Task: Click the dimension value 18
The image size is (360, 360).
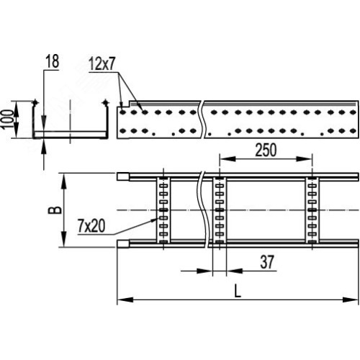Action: tap(53, 61)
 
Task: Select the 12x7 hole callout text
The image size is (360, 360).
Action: tap(102, 64)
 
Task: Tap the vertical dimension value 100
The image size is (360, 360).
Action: tap(8, 120)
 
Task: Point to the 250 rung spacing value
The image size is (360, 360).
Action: tap(266, 150)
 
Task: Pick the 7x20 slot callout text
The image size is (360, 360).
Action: tap(91, 226)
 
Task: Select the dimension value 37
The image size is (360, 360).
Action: tap(267, 262)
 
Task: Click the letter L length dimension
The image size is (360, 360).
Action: tap(238, 292)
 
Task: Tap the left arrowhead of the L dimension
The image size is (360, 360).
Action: tap(125, 300)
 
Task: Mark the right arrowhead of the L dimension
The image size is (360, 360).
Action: tap(351, 300)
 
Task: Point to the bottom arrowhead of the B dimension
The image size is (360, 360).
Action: tap(64, 238)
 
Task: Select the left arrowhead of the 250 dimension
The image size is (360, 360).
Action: tap(228, 158)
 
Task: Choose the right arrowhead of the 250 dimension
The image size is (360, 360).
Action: tap(304, 158)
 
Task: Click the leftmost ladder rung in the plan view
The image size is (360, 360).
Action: tap(163, 210)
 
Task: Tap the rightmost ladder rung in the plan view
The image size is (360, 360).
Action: tap(312, 210)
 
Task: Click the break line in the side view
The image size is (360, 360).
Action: tap(202, 120)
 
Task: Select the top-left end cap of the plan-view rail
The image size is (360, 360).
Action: tap(123, 176)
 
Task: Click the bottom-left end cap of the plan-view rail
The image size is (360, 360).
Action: tap(123, 243)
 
